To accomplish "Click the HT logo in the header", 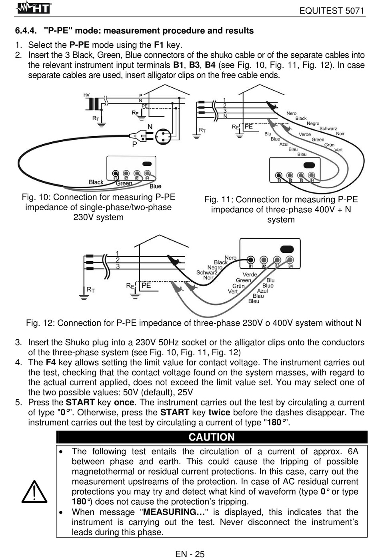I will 35,8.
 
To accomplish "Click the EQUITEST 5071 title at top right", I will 332,11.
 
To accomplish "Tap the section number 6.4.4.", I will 26,31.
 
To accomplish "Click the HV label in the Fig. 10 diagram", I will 86,95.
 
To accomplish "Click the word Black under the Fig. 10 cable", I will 96,182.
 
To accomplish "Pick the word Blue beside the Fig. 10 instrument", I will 155,186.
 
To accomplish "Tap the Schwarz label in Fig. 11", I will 328,129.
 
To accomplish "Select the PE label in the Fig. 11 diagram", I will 248,126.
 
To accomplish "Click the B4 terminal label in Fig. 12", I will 290,266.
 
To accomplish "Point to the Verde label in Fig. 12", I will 250,274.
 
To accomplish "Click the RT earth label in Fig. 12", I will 91,289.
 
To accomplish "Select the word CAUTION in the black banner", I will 212,437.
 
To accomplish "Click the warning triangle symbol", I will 35,492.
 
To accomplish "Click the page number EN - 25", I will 190,554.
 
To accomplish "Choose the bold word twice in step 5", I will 219,413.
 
